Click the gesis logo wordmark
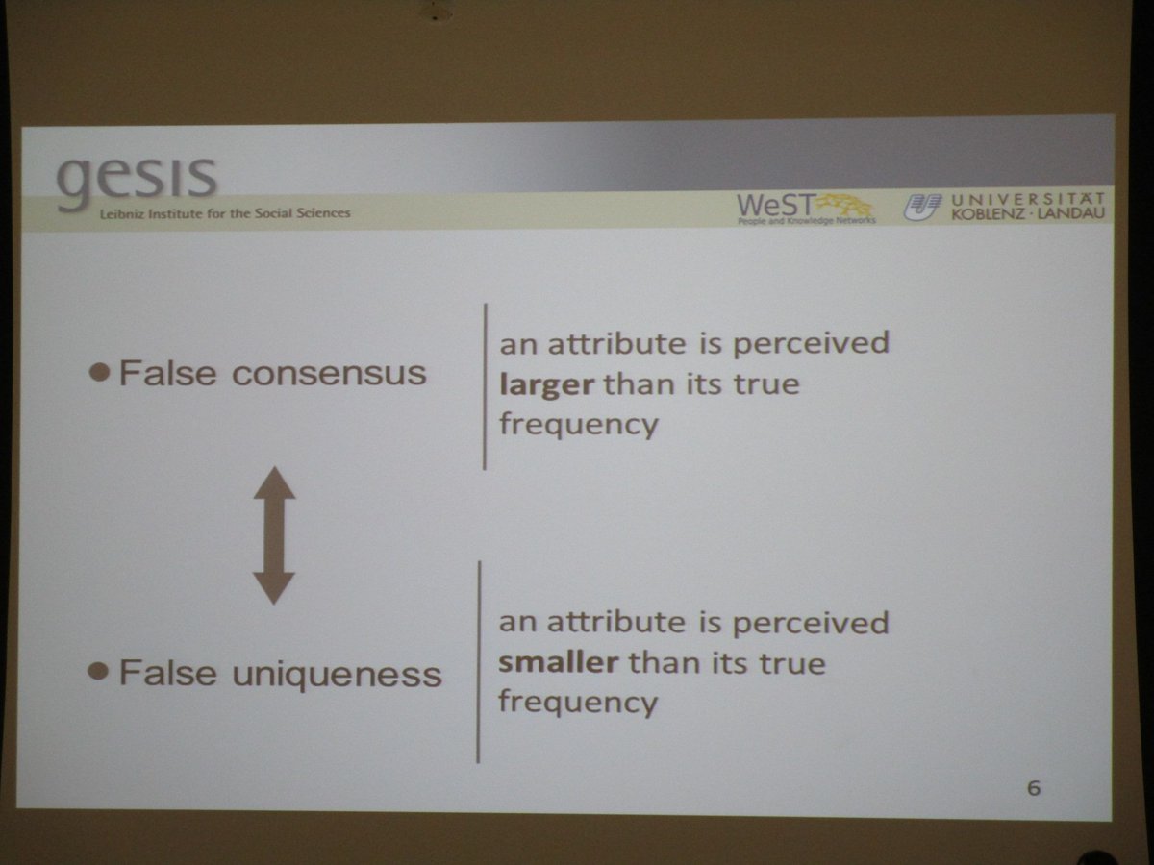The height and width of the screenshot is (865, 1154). click(137, 178)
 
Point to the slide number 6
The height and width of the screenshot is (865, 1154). click(1034, 789)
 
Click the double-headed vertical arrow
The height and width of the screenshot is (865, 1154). click(274, 535)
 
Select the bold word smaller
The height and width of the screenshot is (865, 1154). click(559, 663)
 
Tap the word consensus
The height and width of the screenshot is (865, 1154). click(329, 374)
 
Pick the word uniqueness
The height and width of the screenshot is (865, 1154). click(337, 674)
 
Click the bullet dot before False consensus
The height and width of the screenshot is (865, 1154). click(98, 373)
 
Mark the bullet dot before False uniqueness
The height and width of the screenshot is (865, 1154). click(97, 672)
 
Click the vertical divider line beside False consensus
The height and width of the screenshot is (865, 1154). click(485, 386)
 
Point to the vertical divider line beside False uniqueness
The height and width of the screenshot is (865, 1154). click(479, 662)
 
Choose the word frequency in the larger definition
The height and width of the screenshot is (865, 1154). click(578, 425)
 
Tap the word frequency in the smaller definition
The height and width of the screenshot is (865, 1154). click(577, 703)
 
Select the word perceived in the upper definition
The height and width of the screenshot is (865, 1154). click(809, 344)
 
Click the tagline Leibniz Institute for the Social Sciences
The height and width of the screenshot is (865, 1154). click(225, 213)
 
